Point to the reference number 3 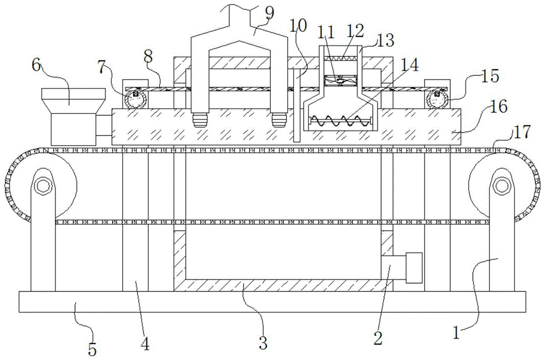pos(263,343)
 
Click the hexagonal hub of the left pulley pos(43,186)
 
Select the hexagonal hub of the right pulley pos(501,186)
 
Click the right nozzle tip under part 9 pos(279,119)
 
